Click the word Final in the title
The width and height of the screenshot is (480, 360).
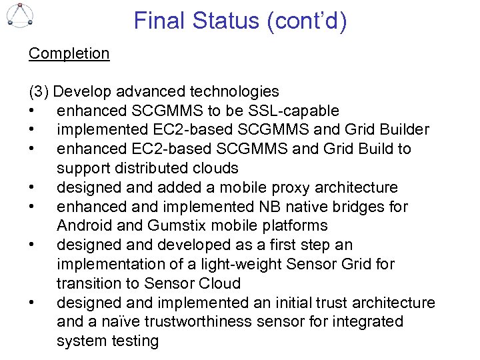coord(159,21)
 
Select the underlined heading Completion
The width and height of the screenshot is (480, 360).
coord(69,53)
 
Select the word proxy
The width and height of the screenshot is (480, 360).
coord(275,187)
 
